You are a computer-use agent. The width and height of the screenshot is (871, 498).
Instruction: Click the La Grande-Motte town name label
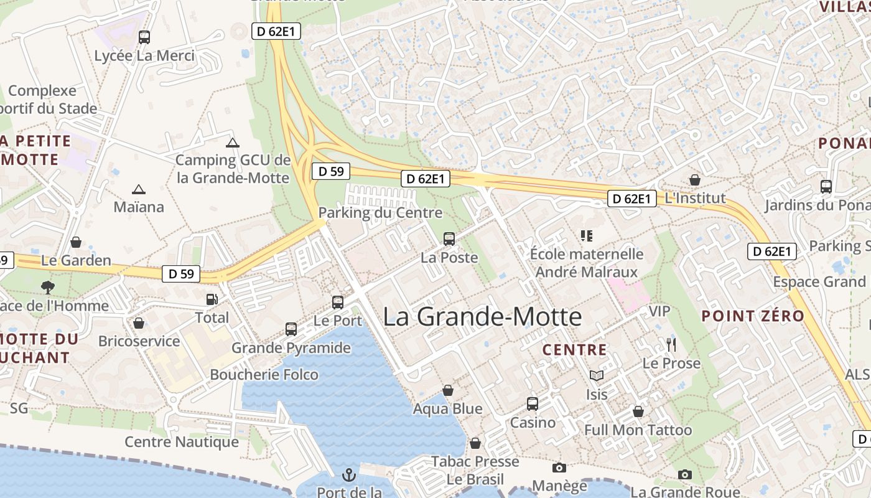(482, 317)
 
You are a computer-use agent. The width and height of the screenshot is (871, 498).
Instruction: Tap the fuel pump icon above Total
(212, 299)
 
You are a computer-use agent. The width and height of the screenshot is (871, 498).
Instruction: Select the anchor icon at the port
(349, 475)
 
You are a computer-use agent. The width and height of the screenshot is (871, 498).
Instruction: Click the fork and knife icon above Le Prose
(671, 345)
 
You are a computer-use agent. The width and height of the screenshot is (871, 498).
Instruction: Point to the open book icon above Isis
(597, 375)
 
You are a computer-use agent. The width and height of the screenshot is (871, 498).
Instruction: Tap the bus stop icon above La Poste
(449, 238)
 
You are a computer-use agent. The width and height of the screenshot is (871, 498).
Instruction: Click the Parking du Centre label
(380, 213)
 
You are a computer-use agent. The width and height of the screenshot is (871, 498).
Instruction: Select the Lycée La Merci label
(144, 55)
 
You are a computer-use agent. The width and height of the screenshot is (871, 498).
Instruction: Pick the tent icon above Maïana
(138, 189)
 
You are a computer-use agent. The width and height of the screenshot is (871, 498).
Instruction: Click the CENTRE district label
(574, 350)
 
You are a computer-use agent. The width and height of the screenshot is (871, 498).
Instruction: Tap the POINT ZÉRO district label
(753, 316)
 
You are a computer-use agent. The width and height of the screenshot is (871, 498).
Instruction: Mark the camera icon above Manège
(559, 467)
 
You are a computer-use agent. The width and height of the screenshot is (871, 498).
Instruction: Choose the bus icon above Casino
(533, 403)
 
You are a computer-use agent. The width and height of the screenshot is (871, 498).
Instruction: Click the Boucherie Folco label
(264, 375)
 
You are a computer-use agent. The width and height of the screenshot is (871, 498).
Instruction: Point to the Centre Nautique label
(182, 442)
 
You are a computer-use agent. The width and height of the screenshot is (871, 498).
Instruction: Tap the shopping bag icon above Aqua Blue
(448, 390)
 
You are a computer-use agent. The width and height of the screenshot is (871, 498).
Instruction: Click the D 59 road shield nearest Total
(181, 273)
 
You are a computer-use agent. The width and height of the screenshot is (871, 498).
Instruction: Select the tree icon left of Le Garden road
(47, 287)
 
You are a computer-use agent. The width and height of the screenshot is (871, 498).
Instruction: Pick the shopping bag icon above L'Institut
(695, 180)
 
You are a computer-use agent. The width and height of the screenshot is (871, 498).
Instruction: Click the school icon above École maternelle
(586, 235)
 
